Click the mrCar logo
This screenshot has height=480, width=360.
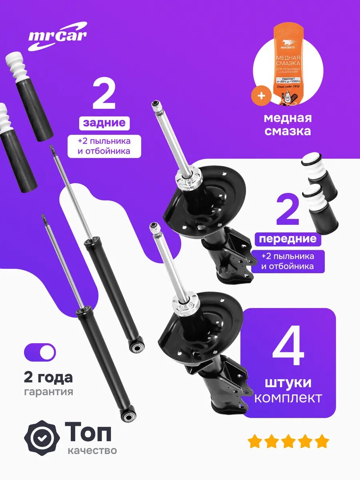coord(57,36)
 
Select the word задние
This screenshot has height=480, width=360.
coord(104,123)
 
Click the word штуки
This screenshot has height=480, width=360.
coord(288,382)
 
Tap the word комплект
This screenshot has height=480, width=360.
coord(288,398)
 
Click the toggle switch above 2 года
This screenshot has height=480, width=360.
coord(40,352)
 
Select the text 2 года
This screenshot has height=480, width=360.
coord(48,377)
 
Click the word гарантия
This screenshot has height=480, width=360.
coord(48,392)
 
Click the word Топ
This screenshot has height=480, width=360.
coord(88,431)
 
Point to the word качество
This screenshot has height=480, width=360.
coord(92,451)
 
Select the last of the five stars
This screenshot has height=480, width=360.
coord(322,442)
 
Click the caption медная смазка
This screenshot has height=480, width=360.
coord(288,124)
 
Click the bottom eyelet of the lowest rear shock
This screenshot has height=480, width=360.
coord(129,417)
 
